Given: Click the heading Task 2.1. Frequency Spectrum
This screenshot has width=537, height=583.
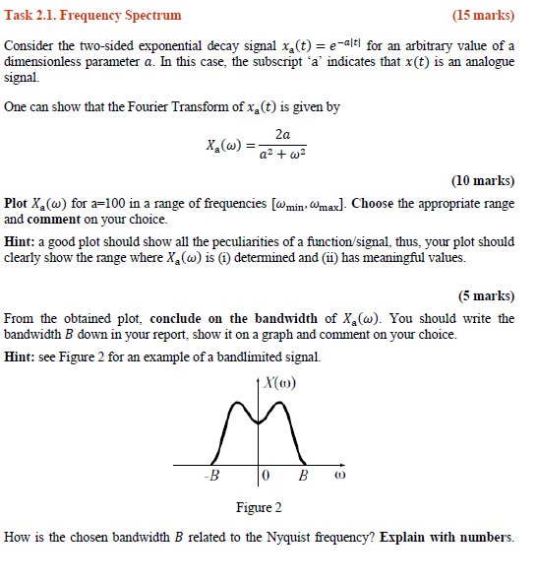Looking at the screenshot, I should point(93,15).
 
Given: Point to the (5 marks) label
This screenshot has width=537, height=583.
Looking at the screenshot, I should point(486,295).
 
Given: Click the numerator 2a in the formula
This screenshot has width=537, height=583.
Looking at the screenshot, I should point(283,134).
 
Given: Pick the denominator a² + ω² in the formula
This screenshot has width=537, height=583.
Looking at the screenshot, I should point(283,155).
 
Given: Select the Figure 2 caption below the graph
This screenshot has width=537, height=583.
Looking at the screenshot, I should point(259,507).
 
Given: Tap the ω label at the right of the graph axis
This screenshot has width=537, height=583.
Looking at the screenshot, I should point(340,477).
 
